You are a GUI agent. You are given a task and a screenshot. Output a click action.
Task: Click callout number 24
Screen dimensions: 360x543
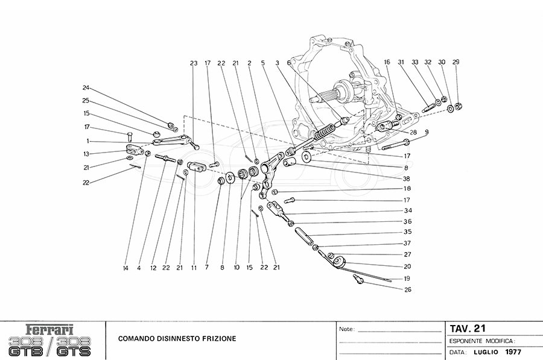click(x=86, y=86)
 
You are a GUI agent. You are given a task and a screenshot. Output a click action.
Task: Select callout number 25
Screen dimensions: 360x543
click(x=86, y=100)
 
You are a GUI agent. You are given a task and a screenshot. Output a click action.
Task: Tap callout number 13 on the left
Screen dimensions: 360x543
click(x=86, y=154)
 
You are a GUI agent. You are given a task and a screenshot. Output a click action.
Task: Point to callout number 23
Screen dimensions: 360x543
click(x=194, y=63)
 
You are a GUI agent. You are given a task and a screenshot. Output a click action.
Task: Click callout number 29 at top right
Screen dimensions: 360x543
click(x=456, y=62)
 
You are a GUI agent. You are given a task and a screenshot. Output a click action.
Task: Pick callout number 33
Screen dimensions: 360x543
click(x=414, y=62)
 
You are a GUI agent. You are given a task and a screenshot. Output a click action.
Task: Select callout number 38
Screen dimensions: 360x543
click(x=407, y=179)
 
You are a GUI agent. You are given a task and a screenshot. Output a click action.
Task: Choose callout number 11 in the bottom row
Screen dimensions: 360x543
click(x=194, y=267)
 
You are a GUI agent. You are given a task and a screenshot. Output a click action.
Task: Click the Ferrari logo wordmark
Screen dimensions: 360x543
click(x=51, y=330)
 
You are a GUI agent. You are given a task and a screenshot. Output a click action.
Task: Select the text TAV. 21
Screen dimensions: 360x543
click(x=468, y=329)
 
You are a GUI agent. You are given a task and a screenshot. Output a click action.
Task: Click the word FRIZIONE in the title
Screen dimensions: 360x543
click(x=215, y=338)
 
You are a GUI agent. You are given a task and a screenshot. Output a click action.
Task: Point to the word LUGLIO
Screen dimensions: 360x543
click(x=484, y=352)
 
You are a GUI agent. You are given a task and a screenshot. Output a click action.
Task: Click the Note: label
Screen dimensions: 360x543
click(x=346, y=330)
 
